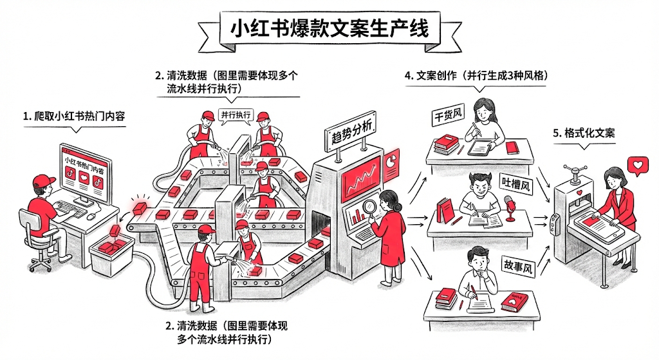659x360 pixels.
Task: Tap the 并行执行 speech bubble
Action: tap(236, 115)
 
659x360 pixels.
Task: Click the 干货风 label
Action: tap(449, 117)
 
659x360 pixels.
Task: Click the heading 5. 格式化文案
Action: tap(584, 133)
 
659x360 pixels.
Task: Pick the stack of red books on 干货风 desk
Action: tap(445, 144)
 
